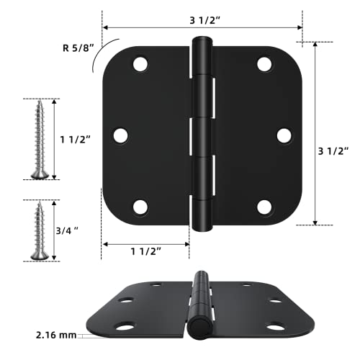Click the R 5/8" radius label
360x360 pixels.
(x=77, y=50)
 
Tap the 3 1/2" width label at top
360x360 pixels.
(x=203, y=20)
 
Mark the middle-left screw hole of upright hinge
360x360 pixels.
(x=120, y=135)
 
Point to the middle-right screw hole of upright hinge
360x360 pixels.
(x=284, y=135)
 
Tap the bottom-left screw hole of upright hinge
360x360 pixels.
(x=140, y=207)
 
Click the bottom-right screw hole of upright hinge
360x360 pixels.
(x=264, y=207)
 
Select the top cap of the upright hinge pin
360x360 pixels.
(x=202, y=42)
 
